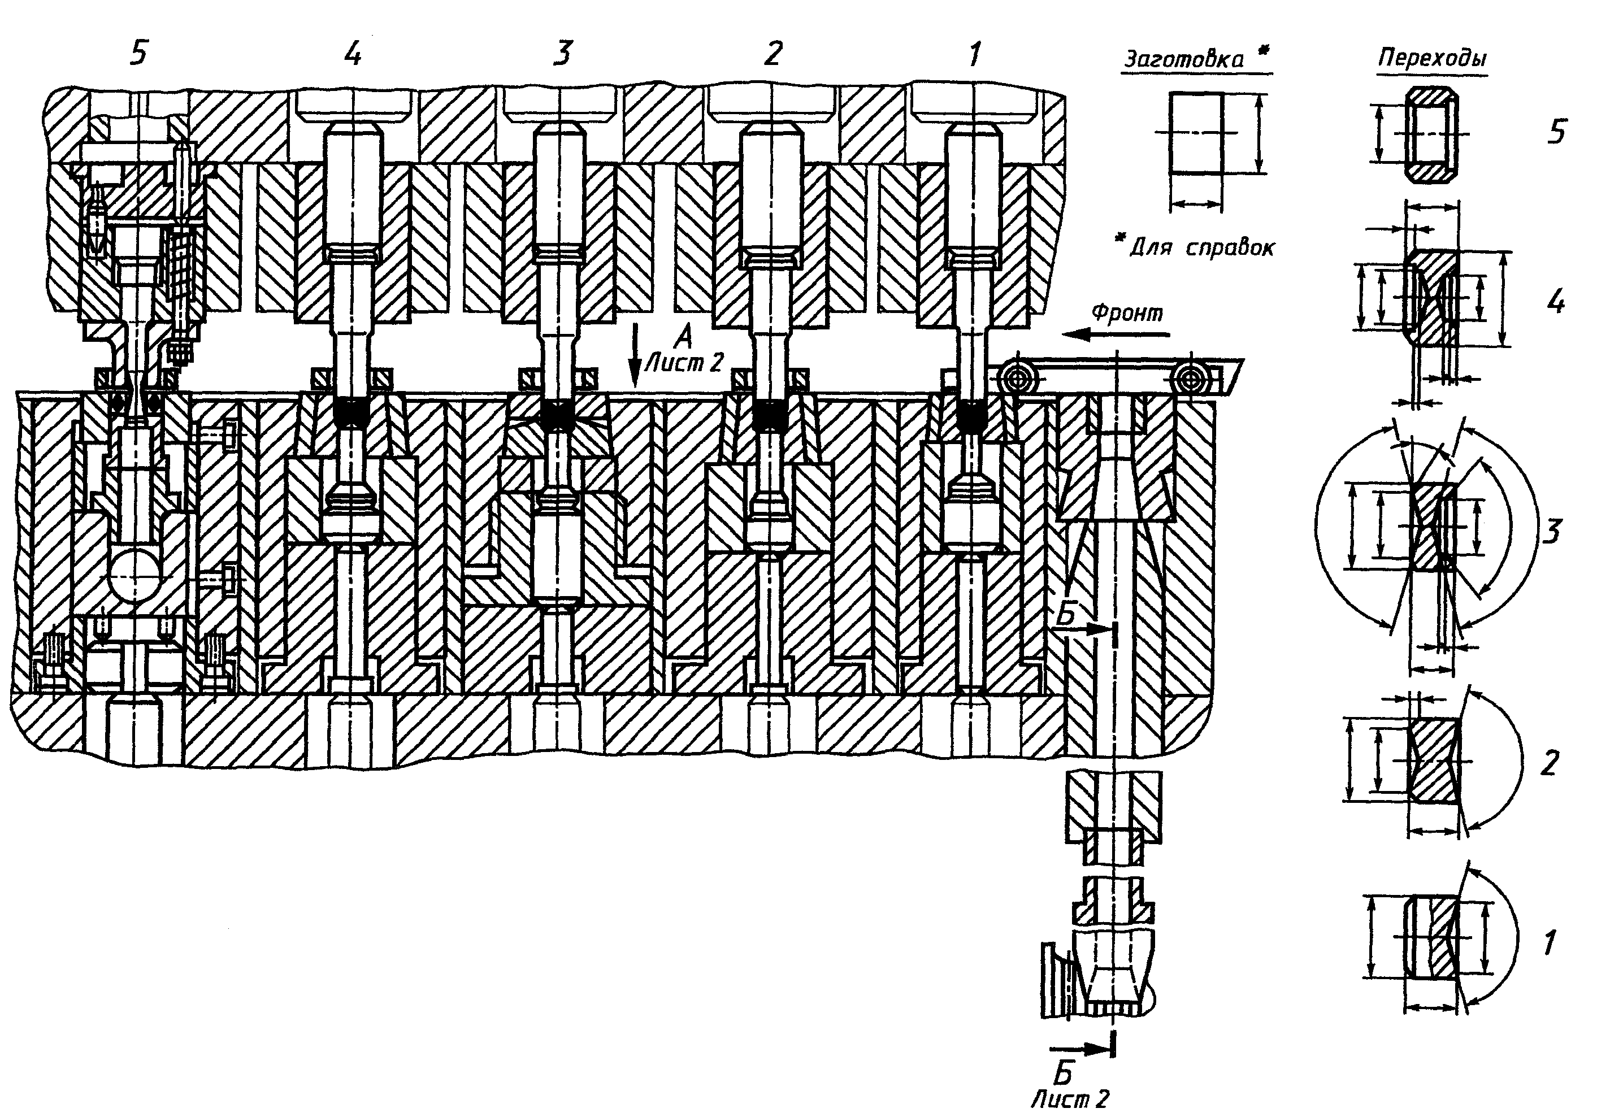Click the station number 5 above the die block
coord(140,53)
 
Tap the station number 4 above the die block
coord(354,53)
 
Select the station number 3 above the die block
coord(562,53)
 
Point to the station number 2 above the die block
coord(772,53)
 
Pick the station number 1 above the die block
coord(975,53)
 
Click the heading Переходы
coord(1433,59)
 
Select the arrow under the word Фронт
coord(1118,335)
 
